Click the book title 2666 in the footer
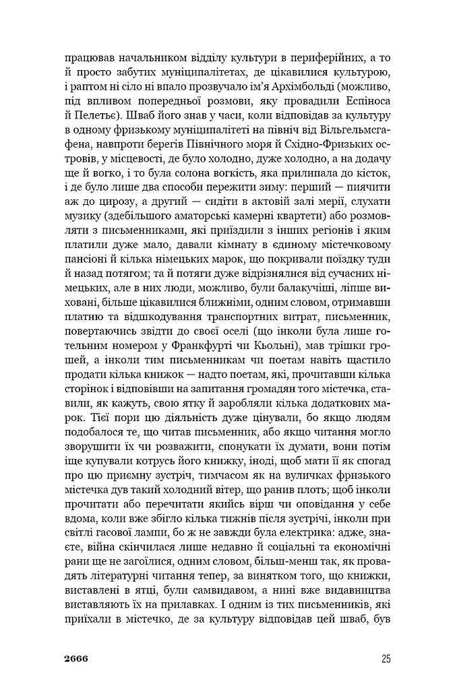tap(75, 658)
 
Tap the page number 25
tap(385, 658)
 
